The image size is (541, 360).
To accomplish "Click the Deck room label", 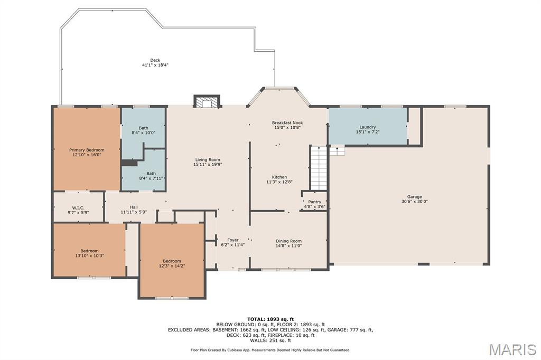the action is pyautogui.click(x=155, y=60).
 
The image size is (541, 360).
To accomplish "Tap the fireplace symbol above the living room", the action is pyautogui.click(x=207, y=101).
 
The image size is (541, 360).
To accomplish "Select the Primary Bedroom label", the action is pyautogui.click(x=87, y=150).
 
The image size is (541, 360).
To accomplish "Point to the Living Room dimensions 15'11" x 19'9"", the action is pyautogui.click(x=207, y=165).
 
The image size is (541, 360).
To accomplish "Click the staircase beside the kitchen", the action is pyautogui.click(x=319, y=168).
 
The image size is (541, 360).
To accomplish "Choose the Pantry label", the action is pyautogui.click(x=315, y=202).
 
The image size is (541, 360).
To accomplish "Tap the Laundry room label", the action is pyautogui.click(x=368, y=127).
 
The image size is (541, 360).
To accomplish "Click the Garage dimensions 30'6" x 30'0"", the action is pyautogui.click(x=414, y=202).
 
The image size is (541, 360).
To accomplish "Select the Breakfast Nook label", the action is pyautogui.click(x=287, y=122).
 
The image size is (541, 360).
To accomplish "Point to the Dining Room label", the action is pyautogui.click(x=288, y=241).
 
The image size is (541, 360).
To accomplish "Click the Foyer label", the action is pyautogui.click(x=233, y=240).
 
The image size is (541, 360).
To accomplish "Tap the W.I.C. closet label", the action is pyautogui.click(x=78, y=208).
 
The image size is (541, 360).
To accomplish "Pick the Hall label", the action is pyautogui.click(x=134, y=207).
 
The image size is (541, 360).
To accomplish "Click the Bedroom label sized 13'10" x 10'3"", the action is pyautogui.click(x=89, y=251).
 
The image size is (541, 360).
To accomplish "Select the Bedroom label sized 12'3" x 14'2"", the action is pyautogui.click(x=172, y=261).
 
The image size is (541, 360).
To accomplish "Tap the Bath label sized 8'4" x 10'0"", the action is pyautogui.click(x=144, y=128).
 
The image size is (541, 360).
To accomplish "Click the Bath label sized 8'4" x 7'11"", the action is pyautogui.click(x=151, y=174).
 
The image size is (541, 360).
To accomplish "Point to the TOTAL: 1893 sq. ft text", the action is pyautogui.click(x=270, y=319).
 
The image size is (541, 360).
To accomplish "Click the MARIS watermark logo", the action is pyautogui.click(x=512, y=349).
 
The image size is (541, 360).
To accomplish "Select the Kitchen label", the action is pyautogui.click(x=279, y=177).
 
